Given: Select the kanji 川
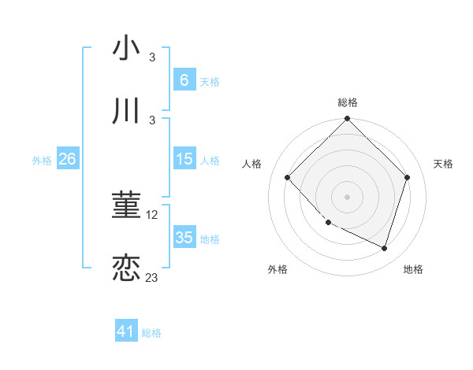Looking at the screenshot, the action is pos(126,110).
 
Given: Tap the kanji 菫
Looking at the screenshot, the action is pos(126,206).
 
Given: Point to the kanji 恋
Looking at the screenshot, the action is pos(126,268).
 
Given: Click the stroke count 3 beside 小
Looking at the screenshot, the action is pos(152,57).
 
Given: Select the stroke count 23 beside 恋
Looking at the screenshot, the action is pos(152,277).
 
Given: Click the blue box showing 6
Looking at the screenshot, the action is pos(184,80).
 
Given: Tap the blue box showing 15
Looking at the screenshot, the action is pos(184,159).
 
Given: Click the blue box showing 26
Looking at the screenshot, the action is pos(67,159).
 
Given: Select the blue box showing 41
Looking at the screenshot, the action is pos(126,331).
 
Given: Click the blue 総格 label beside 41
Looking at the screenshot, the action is pos(151,333).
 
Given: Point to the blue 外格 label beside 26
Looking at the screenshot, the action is pos(42,161).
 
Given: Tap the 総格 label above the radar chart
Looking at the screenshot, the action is pos(348,102).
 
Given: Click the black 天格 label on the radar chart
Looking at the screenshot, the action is pos(443,164).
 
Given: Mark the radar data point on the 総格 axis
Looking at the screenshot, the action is pos(348,120).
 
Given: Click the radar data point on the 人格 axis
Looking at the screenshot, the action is pos(288,178).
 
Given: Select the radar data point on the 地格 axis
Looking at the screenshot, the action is pos(385,248).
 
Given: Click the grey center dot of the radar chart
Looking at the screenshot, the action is pos(348,197).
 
